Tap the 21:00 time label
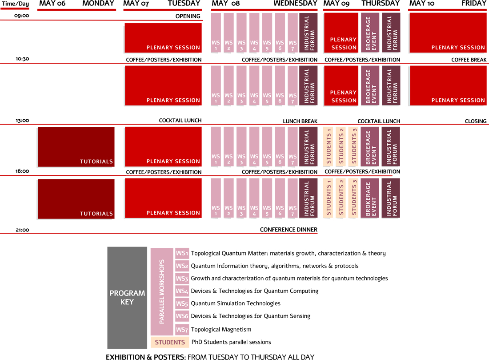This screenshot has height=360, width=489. click(22, 230)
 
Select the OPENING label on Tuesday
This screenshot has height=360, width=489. click(188, 16)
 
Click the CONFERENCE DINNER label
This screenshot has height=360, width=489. click(289, 230)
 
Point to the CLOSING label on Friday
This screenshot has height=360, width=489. click(475, 121)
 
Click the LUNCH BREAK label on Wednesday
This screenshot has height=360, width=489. click(300, 121)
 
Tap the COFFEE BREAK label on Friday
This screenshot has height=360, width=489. click(469, 60)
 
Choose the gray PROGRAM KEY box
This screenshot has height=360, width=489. click(127, 297)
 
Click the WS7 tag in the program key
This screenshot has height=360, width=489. click(182, 330)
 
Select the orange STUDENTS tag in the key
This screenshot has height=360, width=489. click(170, 342)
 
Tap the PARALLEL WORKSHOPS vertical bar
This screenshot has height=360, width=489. click(162, 291)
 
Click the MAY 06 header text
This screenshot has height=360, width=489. click(52, 4)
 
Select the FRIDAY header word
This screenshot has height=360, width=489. click(474, 4)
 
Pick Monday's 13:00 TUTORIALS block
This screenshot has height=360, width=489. click(76, 147)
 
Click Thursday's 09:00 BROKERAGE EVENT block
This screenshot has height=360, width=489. click(370, 33)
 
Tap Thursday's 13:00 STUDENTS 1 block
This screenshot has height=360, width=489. click(328, 147)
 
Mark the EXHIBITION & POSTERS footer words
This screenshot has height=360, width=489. click(146, 357)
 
